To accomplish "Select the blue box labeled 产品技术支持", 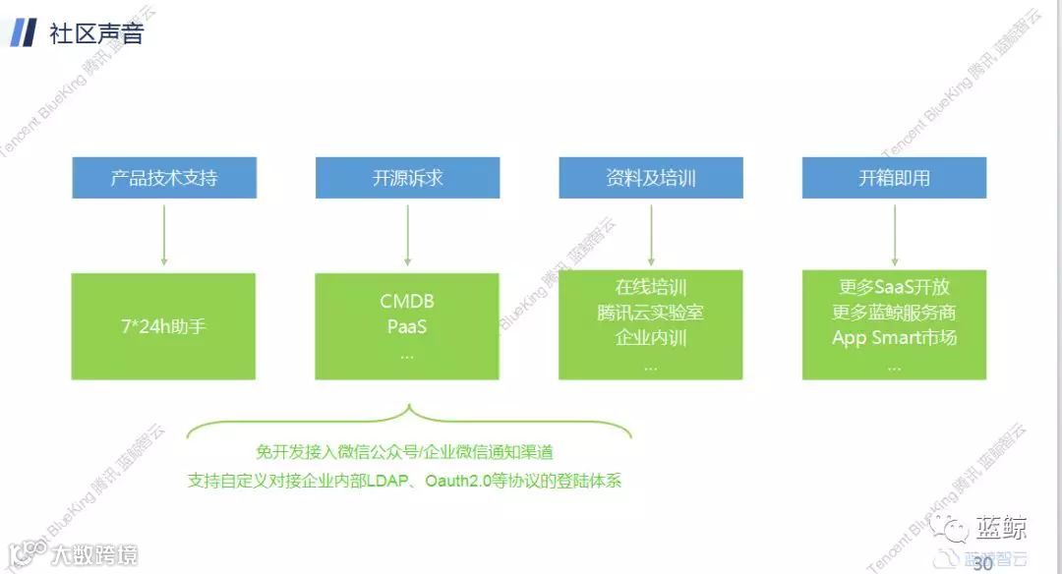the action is click(163, 178).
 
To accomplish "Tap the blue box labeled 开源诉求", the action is click(407, 178).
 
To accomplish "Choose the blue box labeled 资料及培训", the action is click(651, 178).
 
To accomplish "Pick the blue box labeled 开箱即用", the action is click(894, 178).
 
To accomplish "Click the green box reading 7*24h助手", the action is click(163, 326).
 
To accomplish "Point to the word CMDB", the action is click(407, 302).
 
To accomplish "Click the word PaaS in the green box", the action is click(407, 326).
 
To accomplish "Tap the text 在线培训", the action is click(651, 288).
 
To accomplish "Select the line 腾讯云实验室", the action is click(651, 314).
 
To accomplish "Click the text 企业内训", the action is click(651, 338).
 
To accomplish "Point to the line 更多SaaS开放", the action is click(894, 288).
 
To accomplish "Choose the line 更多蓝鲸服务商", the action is click(894, 314).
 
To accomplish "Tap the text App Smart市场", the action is click(894, 338).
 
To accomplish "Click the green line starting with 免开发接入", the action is click(404, 452).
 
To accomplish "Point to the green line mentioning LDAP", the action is click(404, 482).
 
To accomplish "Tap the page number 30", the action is click(981, 563).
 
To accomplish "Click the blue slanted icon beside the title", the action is click(24, 32).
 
